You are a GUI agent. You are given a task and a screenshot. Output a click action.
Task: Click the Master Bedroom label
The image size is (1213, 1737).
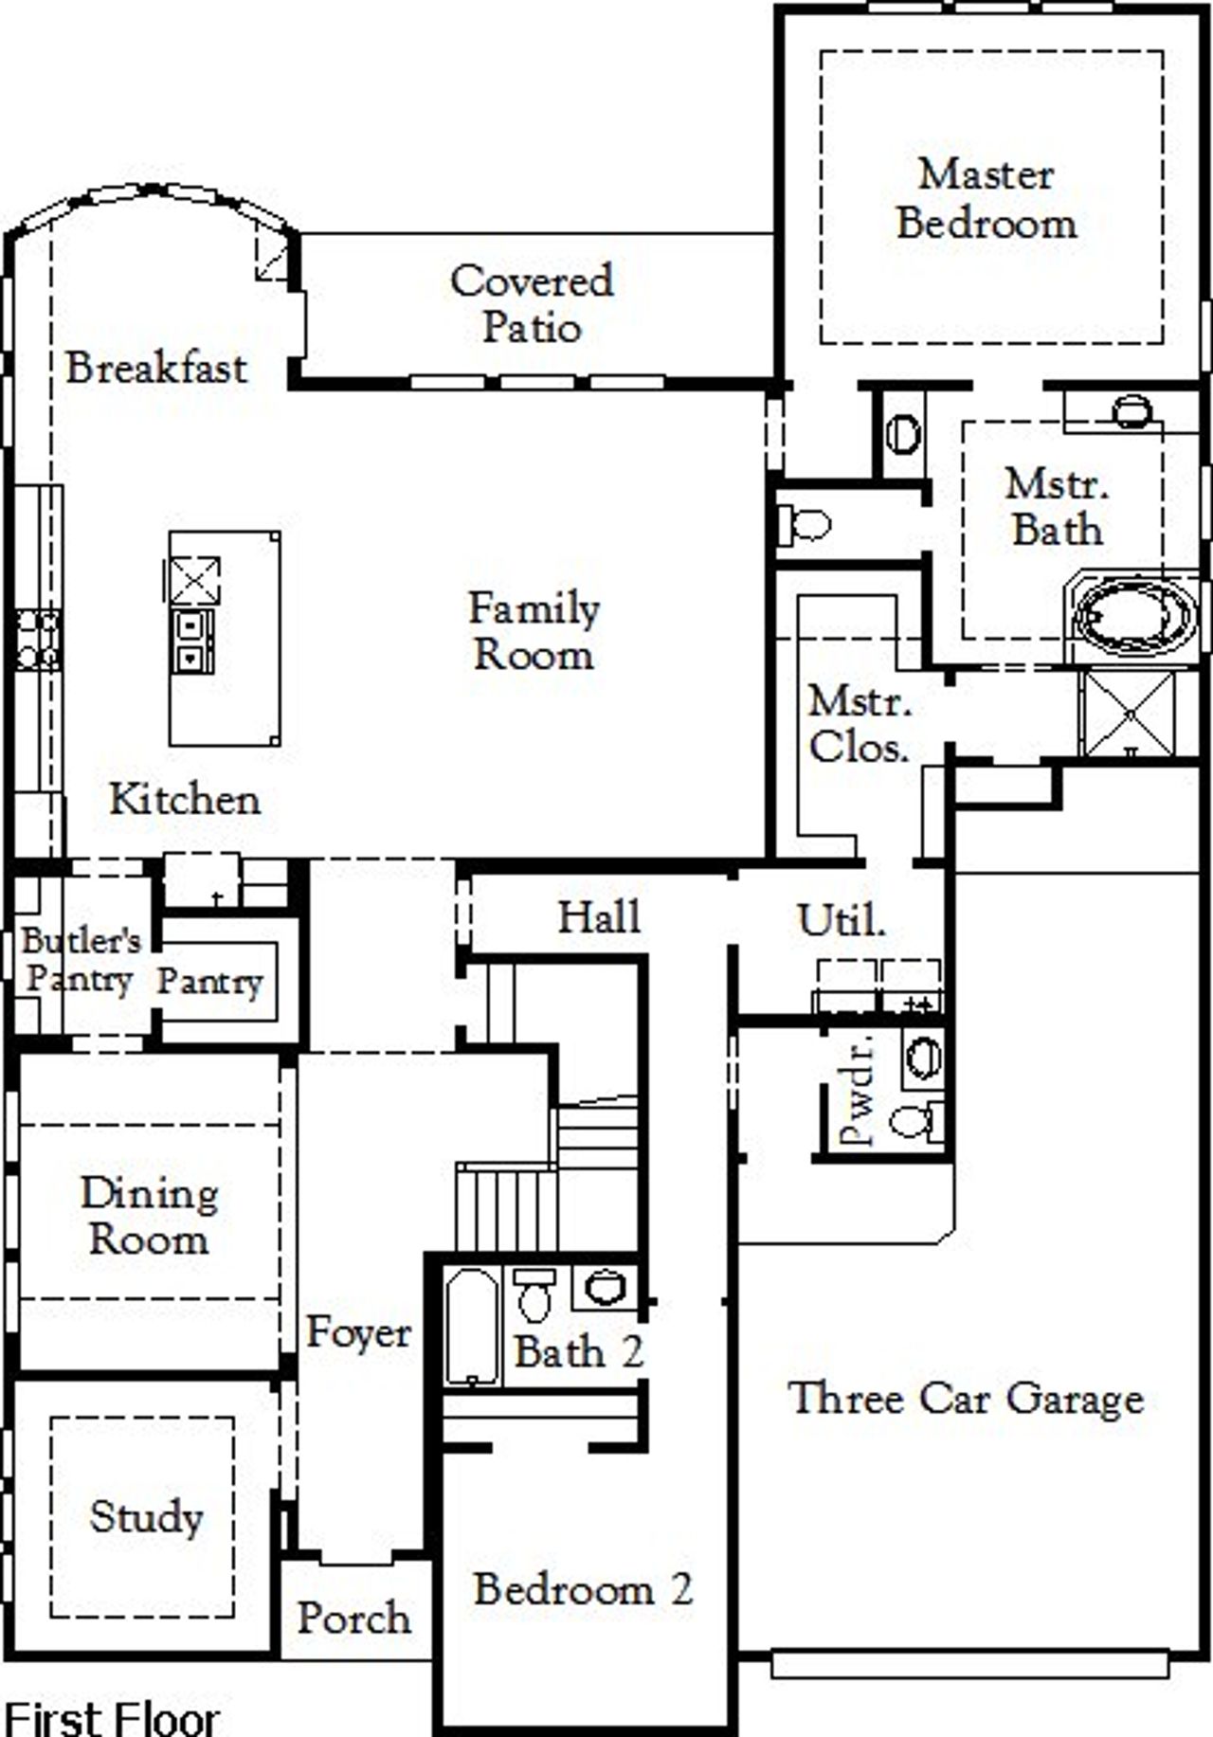[986, 199]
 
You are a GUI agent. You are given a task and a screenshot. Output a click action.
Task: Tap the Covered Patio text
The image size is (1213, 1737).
[531, 303]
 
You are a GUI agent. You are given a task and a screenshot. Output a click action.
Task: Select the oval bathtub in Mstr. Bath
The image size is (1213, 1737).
[1133, 618]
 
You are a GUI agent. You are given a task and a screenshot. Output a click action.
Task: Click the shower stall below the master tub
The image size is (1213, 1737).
[1130, 713]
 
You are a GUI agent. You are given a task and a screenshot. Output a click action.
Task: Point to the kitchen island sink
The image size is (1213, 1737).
[192, 642]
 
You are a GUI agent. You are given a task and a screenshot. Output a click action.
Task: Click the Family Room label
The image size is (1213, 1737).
[534, 631]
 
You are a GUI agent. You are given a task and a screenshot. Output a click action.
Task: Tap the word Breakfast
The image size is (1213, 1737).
[156, 368]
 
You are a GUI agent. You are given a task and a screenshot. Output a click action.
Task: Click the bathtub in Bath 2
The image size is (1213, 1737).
[471, 1327]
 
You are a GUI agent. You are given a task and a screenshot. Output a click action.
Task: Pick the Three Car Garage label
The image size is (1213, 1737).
[966, 1398]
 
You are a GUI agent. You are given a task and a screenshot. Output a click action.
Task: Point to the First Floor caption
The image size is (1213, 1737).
[112, 1717]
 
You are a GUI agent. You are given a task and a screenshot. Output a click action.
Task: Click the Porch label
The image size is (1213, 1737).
[353, 1618]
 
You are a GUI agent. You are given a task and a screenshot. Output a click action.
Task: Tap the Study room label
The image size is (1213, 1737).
[146, 1516]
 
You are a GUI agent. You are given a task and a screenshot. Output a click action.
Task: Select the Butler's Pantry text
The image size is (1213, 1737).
[80, 959]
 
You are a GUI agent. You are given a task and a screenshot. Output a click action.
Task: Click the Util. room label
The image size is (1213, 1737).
[841, 919]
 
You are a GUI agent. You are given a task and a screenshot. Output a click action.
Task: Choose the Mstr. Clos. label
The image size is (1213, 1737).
[859, 725]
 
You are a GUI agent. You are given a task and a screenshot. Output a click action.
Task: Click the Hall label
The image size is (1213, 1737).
[599, 916]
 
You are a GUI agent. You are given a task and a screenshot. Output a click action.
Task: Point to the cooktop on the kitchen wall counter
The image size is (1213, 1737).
[38, 641]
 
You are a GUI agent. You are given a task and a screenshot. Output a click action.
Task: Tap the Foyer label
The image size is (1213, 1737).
[358, 1332]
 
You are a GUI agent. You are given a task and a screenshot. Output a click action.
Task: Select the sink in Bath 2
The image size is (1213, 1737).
[605, 1287]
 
